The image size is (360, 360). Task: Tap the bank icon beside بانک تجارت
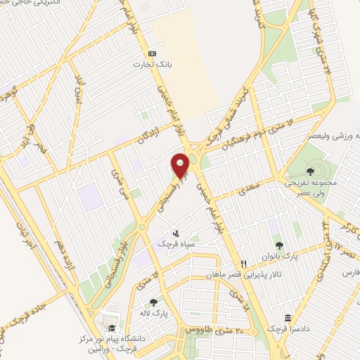pos(151,53)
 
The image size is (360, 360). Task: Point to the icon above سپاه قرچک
pos(176,233)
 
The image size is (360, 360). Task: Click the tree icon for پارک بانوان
pos(280,245)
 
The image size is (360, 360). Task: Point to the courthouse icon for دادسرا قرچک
pos(287,318)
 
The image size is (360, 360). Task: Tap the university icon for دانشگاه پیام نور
pos(110,328)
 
